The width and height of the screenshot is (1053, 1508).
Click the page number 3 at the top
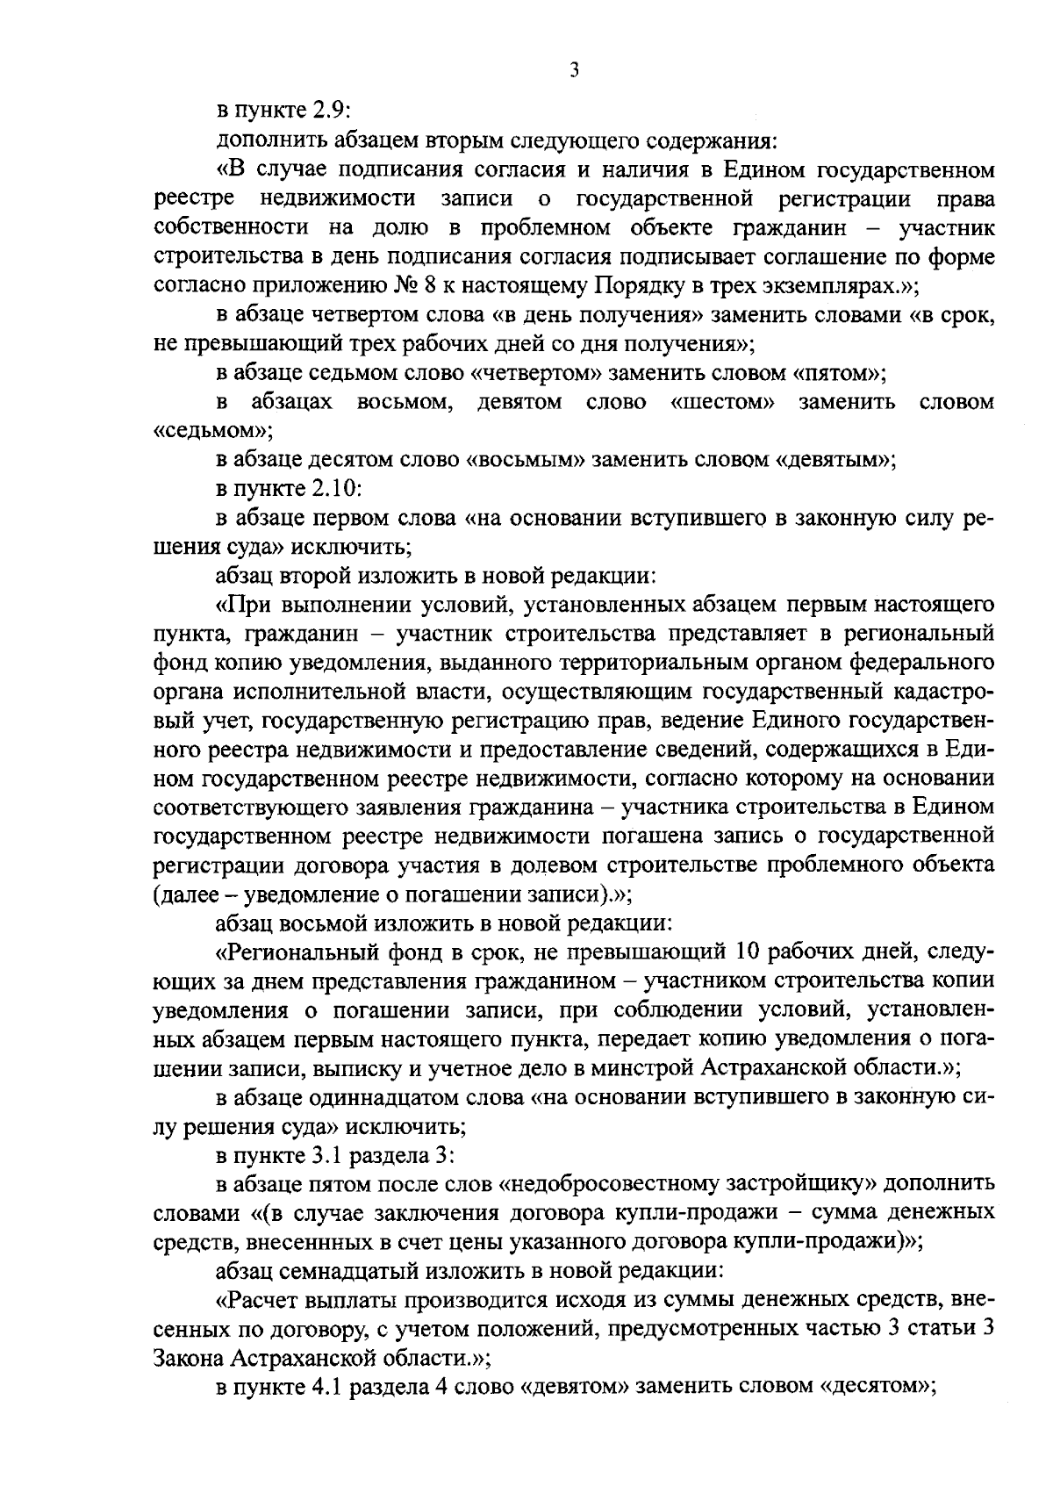(574, 70)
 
